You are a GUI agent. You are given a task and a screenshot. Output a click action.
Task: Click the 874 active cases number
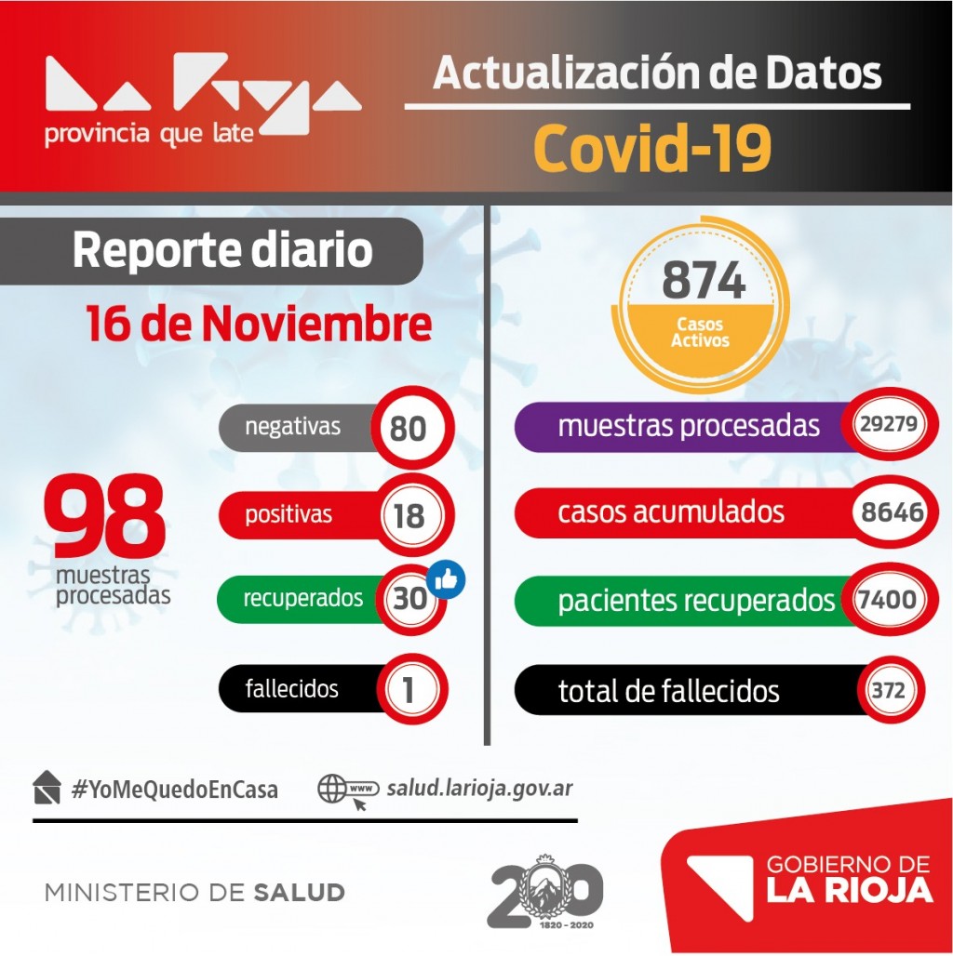pyautogui.click(x=704, y=280)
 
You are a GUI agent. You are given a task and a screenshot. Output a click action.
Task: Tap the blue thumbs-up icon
pyautogui.click(x=446, y=580)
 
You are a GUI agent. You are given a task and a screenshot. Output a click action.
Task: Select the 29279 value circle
pyautogui.click(x=888, y=425)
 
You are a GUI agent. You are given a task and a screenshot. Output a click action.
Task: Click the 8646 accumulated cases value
pyautogui.click(x=892, y=512)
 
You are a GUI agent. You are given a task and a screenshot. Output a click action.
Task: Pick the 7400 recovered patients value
pyautogui.click(x=888, y=600)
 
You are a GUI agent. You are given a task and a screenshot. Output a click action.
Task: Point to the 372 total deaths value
pyautogui.click(x=888, y=690)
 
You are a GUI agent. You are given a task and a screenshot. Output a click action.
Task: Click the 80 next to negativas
pyautogui.click(x=409, y=429)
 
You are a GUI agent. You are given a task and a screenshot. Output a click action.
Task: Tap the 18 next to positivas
pyautogui.click(x=409, y=515)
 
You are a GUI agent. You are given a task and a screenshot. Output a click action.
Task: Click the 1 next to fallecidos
pyautogui.click(x=409, y=689)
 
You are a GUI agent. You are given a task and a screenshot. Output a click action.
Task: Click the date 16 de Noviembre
pyautogui.click(x=259, y=325)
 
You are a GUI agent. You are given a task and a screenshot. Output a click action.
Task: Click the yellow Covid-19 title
pyautogui.click(x=653, y=148)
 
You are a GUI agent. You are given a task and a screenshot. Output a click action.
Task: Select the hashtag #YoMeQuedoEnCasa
pyautogui.click(x=174, y=790)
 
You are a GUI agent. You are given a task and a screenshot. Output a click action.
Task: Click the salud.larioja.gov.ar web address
pyautogui.click(x=479, y=789)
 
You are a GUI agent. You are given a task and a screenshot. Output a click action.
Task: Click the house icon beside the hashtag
pyautogui.click(x=47, y=788)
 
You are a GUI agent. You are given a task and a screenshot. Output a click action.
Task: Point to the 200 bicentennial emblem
pyautogui.click(x=544, y=892)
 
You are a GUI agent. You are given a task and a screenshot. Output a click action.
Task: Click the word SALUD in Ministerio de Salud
pyautogui.click(x=299, y=893)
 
